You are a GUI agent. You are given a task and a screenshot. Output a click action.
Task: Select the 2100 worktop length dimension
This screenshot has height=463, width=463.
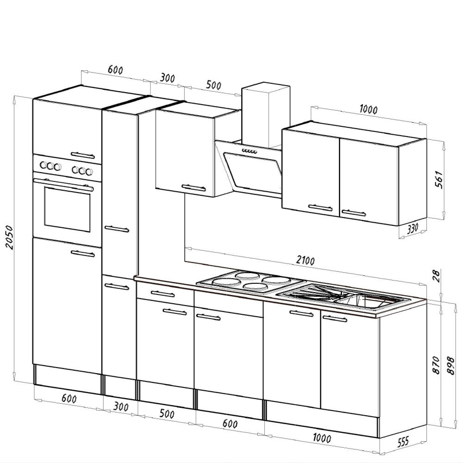click(x=305, y=261)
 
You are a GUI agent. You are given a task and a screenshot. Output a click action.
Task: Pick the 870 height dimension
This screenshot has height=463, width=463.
click(x=435, y=365)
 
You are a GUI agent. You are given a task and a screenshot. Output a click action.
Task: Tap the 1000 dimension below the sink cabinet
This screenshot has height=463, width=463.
click(x=321, y=438)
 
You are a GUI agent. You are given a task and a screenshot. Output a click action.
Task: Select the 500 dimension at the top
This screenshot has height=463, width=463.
click(x=213, y=85)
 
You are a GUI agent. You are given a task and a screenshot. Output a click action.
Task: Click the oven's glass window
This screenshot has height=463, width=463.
click(x=67, y=211)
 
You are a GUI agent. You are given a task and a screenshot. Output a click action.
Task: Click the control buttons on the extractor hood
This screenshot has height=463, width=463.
click(x=249, y=152)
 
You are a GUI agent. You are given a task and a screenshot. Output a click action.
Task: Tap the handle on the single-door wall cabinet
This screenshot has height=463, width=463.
click(x=194, y=188)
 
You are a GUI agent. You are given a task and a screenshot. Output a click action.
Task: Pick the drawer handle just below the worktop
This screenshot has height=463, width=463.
click(x=163, y=294)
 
